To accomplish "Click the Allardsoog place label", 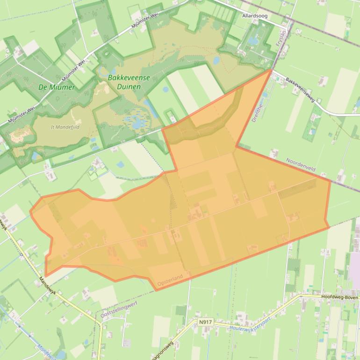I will pos(255,16).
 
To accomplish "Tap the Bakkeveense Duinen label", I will pos(129,82).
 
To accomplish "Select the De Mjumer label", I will pos(57,87).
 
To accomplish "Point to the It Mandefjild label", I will pos(65,127).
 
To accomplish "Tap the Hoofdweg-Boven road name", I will pos(339,297).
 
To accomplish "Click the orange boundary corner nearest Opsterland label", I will pos(155,290).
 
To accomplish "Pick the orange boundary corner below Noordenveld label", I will pos(330,180).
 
